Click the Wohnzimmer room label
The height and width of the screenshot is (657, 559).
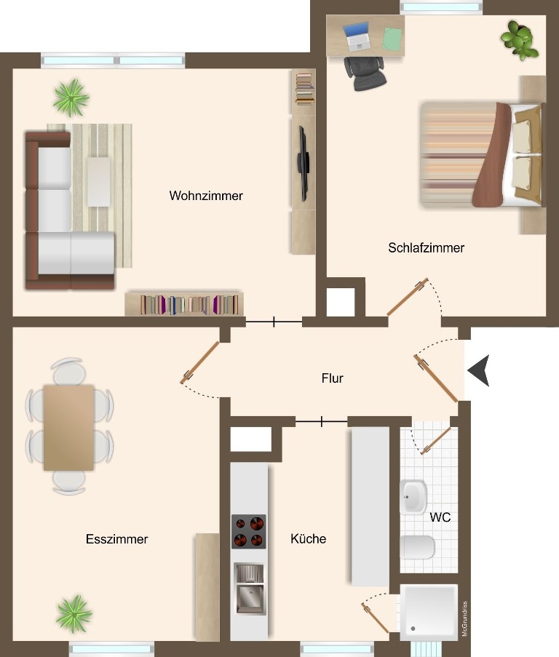[x=206, y=196]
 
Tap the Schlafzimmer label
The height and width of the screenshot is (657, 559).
[x=426, y=247]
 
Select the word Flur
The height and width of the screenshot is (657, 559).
[x=333, y=378]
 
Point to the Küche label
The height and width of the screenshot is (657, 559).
[x=309, y=538]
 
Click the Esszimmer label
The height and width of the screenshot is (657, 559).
[x=117, y=539]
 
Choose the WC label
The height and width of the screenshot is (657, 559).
[x=440, y=517]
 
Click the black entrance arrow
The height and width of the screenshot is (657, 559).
[x=478, y=370]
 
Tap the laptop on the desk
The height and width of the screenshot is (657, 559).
[x=357, y=37]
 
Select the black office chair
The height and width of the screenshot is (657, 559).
[x=365, y=73]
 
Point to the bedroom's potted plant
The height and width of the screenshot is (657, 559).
[x=519, y=39]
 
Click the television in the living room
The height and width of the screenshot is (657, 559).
[x=304, y=164]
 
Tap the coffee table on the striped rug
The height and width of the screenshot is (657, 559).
[x=99, y=181]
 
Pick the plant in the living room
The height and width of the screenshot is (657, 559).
[x=71, y=97]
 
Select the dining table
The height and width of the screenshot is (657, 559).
[x=68, y=428]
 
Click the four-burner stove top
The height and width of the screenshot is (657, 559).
[x=248, y=531]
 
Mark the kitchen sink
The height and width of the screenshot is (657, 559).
[x=250, y=589]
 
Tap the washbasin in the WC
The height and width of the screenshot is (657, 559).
[x=413, y=497]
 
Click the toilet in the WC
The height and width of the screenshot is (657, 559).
[x=417, y=547]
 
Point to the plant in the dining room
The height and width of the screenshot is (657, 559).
[x=74, y=614]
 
